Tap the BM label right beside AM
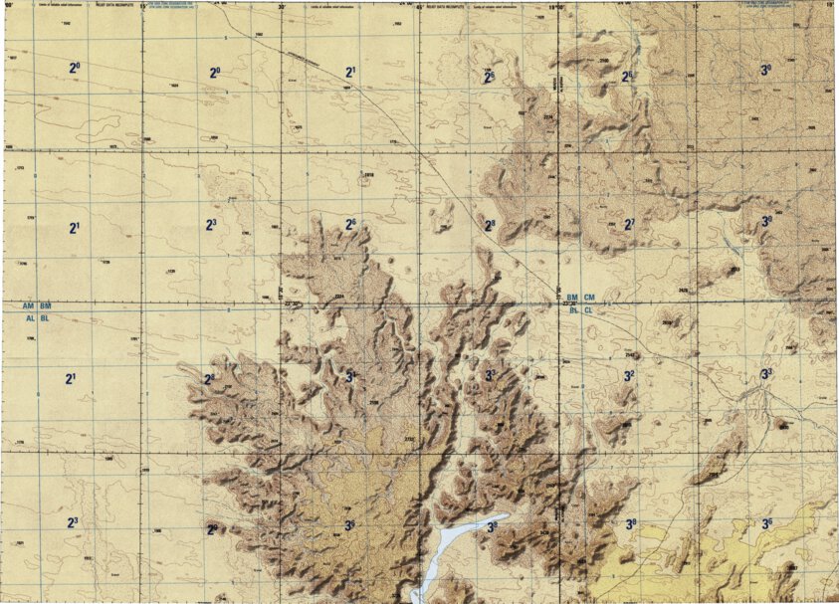click(46, 304)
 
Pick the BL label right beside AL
click(46, 318)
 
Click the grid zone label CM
click(589, 298)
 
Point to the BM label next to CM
click(572, 298)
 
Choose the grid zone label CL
click(589, 310)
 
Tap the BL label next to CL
click(573, 310)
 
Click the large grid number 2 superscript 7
click(628, 224)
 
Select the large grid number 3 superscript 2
click(629, 375)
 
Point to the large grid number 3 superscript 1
click(350, 376)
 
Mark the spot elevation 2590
click(604, 61)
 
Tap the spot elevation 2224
click(338, 297)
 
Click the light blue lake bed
click(448, 545)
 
